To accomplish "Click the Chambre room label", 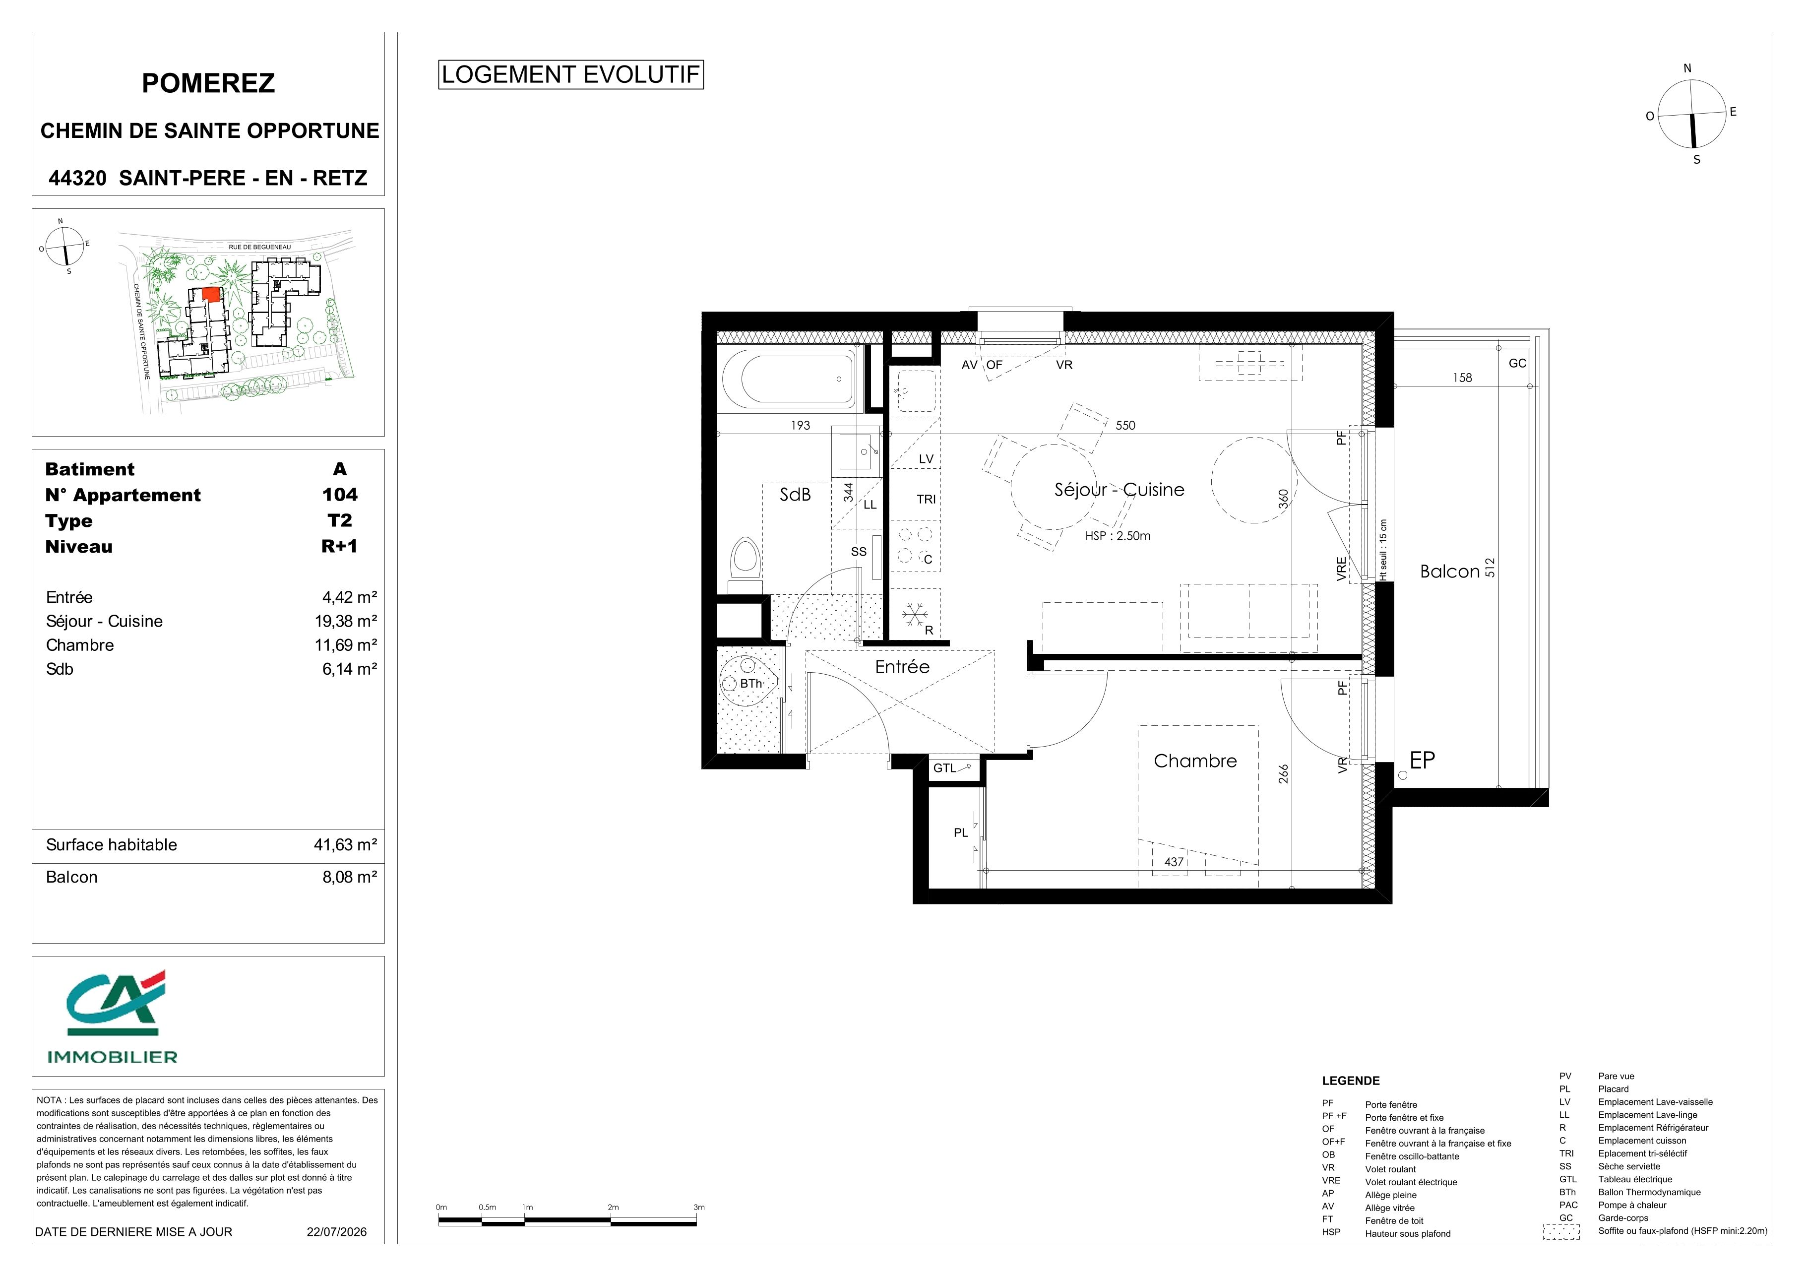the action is tap(1194, 761).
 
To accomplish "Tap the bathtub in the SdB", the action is tap(788, 379).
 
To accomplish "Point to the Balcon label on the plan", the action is tap(1450, 571).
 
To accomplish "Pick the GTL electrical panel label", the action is tap(944, 767).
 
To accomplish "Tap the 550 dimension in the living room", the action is tap(1125, 425).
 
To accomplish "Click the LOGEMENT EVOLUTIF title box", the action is tap(570, 74).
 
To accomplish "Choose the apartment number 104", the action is tap(339, 494).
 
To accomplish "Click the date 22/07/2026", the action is tap(336, 1231).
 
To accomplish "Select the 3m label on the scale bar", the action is tap(698, 1207).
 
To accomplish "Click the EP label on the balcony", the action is tap(1422, 760).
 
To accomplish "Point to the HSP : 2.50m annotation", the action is tap(1118, 536).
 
